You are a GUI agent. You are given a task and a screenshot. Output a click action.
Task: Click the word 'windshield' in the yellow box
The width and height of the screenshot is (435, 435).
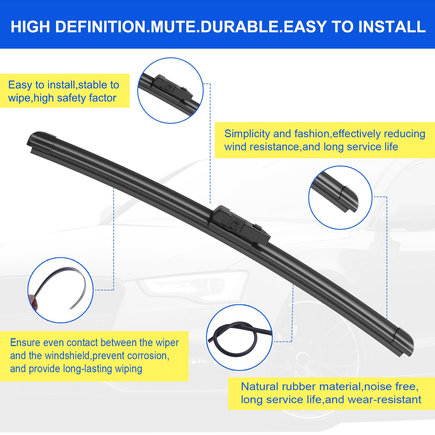(x=68, y=356)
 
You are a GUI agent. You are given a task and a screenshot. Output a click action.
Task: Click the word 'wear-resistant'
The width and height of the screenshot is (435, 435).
(x=384, y=400)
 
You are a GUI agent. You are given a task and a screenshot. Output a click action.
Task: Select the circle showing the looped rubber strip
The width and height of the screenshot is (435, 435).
(x=239, y=337)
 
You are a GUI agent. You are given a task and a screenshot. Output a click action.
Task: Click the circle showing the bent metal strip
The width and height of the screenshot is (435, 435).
(x=60, y=290)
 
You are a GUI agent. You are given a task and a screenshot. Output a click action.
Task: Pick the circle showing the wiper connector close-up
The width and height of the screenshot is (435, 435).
(x=170, y=90)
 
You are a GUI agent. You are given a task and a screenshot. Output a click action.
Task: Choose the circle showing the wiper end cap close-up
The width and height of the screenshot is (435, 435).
(x=340, y=197)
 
